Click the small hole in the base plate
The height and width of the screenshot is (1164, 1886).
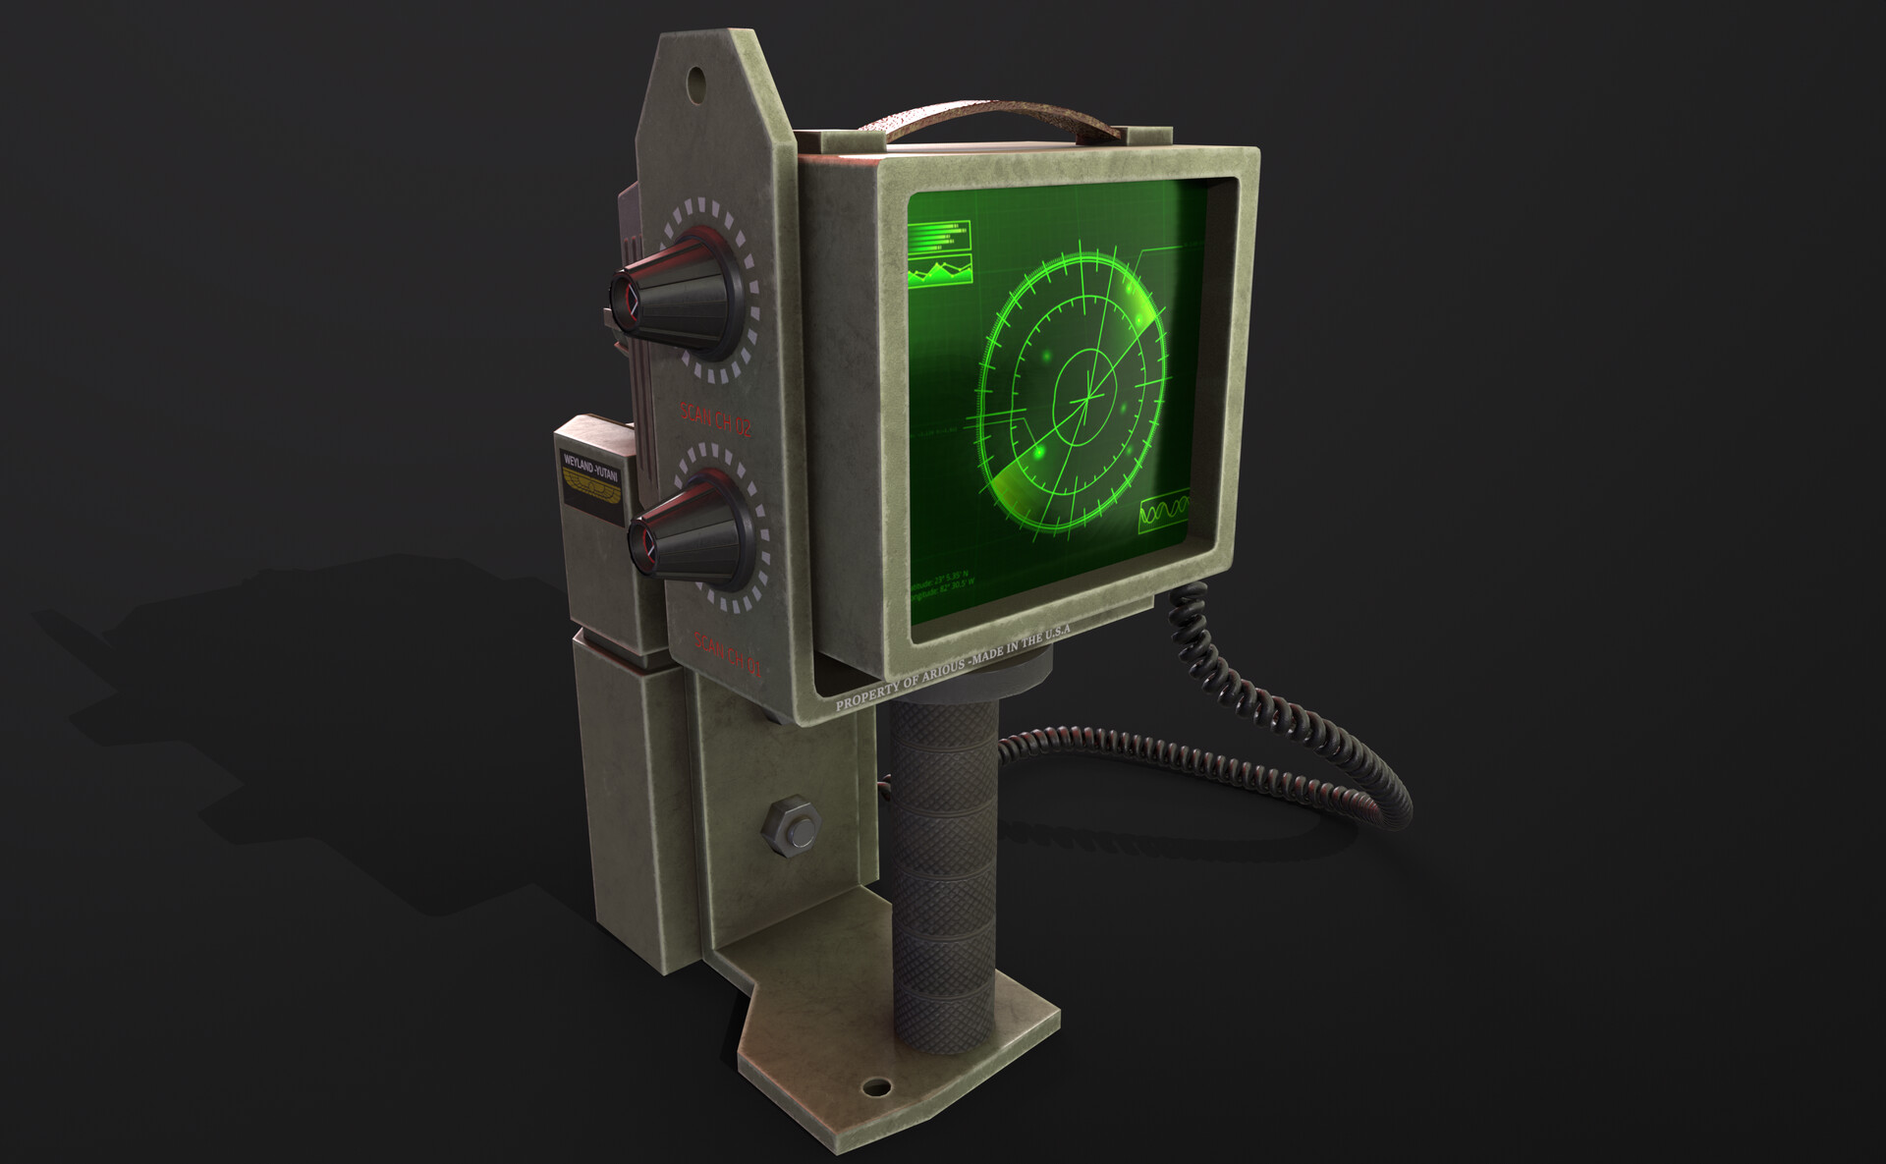(874, 1086)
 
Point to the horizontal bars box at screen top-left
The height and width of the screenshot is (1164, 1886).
(938, 236)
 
